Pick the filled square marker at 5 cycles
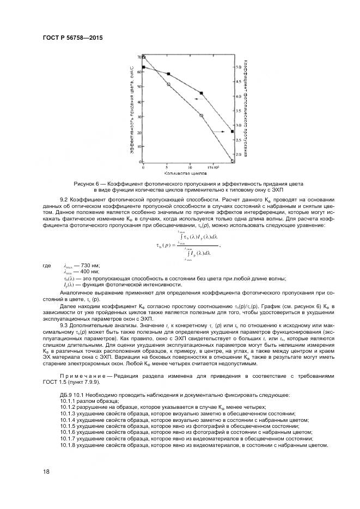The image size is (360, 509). click(168, 74)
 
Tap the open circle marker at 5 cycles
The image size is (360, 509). click(168, 84)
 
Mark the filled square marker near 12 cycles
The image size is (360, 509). click(202, 93)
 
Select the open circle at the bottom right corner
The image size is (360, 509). click(233, 161)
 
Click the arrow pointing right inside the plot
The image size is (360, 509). click(219, 132)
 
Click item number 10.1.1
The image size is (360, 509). click(68, 400)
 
